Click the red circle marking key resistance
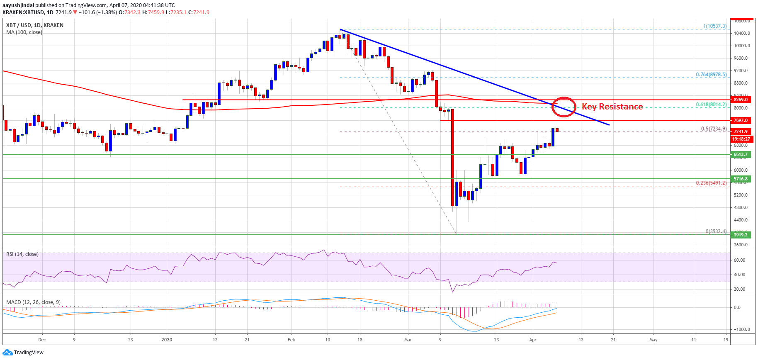[564, 107]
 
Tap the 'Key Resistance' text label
[612, 107]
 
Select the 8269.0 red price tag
[741, 100]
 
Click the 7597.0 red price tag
[741, 120]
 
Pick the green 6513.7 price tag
[741, 154]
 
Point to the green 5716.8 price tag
[741, 179]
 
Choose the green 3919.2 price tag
[741, 235]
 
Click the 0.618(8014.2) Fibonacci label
[711, 105]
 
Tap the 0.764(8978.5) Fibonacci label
[711, 75]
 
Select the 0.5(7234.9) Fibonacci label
[714, 129]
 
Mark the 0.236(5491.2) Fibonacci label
[711, 182]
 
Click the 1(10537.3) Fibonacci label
[715, 26]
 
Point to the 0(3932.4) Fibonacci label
[716, 231]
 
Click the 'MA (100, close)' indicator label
[24, 32]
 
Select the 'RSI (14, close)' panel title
[22, 254]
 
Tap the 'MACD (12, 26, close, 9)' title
[33, 302]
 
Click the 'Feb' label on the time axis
[292, 340]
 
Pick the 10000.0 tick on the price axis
[742, 46]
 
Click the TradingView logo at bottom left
[23, 353]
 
